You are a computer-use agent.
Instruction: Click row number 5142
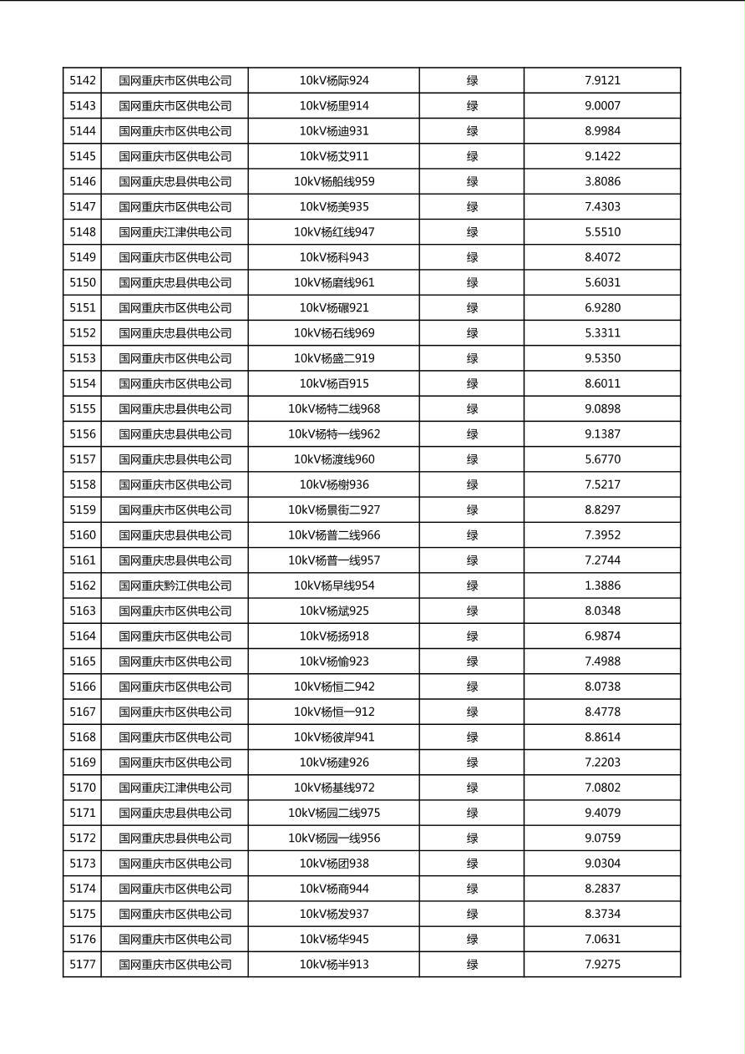pos(83,81)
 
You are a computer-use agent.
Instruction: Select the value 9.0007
pos(602,106)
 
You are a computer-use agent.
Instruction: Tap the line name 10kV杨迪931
pos(334,131)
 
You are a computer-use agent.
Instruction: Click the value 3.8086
pos(602,181)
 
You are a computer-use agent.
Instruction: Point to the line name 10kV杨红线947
pos(334,232)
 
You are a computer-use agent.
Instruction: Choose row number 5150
pos(83,282)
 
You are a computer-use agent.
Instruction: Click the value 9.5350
pos(602,358)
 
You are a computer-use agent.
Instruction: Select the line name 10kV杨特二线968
pos(334,408)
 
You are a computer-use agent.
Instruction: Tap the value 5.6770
pos(602,459)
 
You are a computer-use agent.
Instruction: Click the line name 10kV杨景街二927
pos(334,509)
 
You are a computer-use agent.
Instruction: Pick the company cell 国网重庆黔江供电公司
pos(175,585)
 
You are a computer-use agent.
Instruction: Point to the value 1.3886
pos(602,585)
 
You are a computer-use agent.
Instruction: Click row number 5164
pos(83,636)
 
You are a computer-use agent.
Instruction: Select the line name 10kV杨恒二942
pos(334,687)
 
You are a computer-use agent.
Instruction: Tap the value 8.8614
pos(602,737)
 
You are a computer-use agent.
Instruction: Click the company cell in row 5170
pos(175,788)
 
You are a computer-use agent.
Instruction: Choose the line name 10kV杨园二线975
pos(334,813)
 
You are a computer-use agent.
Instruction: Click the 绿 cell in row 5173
pos(472,864)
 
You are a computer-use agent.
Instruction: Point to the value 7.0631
pos(602,939)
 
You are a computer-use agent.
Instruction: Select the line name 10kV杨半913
pos(334,965)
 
